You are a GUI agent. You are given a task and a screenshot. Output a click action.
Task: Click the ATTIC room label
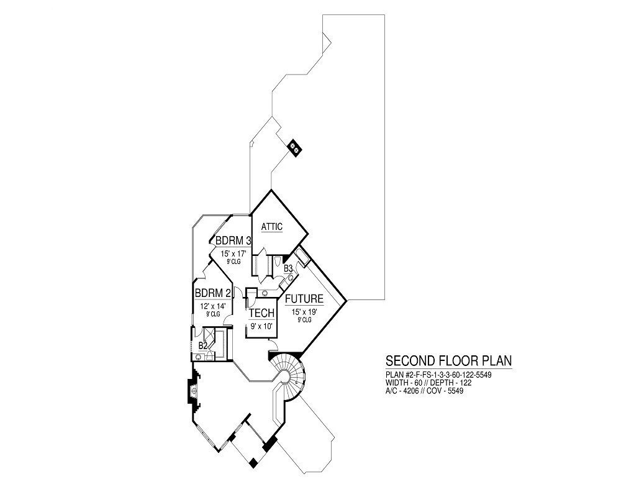click(271, 227)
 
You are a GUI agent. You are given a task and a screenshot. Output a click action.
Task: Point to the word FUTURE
click(304, 299)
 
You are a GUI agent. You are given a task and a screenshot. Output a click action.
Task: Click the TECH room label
click(261, 313)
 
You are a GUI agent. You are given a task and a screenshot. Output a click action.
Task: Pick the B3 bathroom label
click(288, 269)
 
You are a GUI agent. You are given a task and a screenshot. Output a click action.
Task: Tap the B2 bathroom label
click(202, 345)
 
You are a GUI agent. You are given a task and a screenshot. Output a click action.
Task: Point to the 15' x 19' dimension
click(304, 312)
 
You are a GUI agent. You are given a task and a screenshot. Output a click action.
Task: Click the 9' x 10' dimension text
click(261, 326)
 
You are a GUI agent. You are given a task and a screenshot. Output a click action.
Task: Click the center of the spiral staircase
click(285, 375)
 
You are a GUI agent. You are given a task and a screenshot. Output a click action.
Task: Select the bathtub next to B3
click(302, 257)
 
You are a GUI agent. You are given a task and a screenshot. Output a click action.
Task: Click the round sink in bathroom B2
click(197, 356)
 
